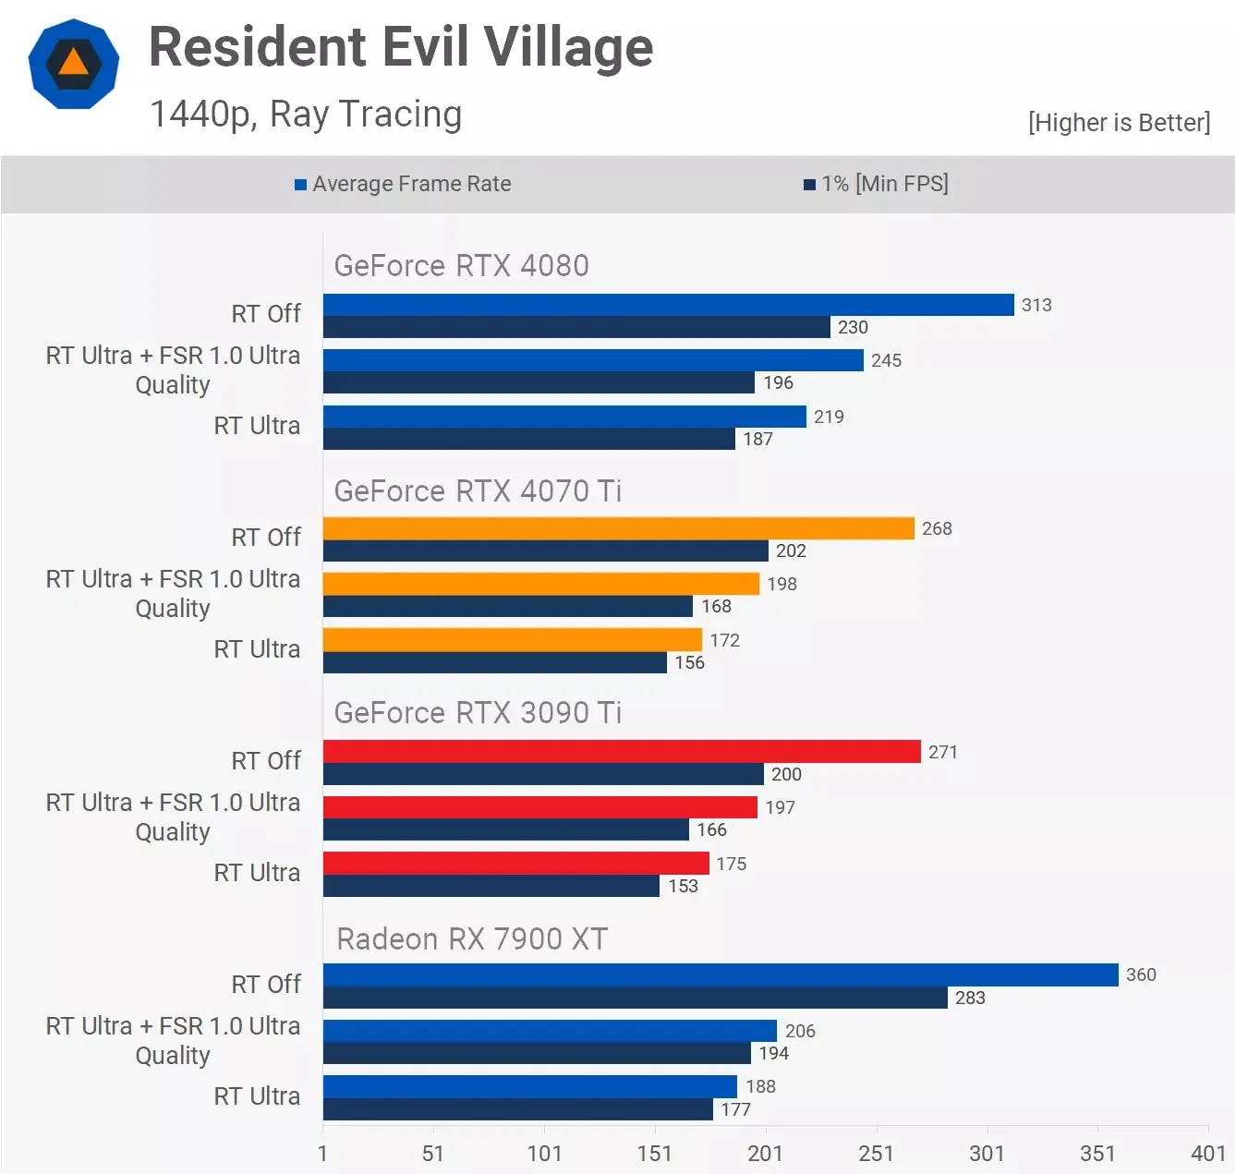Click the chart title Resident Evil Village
point(401,48)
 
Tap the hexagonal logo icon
point(74,64)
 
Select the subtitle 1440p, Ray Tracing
point(306,115)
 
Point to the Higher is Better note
point(1119,123)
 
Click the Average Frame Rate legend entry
point(403,184)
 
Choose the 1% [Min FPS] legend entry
point(876,184)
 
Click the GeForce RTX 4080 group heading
point(461,266)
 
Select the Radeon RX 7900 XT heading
point(471,939)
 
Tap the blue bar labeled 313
point(668,305)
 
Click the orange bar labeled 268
point(618,528)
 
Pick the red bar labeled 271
point(622,752)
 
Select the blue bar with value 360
point(721,975)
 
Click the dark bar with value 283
point(635,998)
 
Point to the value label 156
point(689,662)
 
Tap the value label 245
point(886,360)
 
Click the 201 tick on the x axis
point(765,1153)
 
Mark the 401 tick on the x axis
point(1207,1153)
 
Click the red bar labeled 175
point(515,864)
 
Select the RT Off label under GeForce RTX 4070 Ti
point(266,538)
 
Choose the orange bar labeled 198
point(540,584)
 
